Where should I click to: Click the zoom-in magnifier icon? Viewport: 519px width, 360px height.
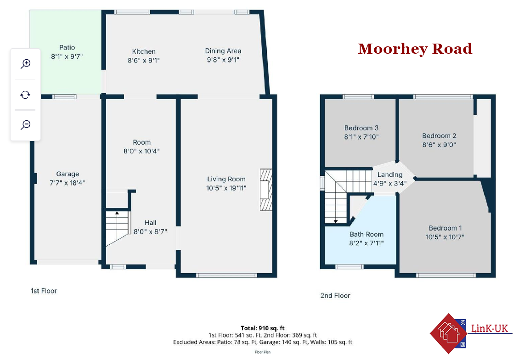click(x=25, y=63)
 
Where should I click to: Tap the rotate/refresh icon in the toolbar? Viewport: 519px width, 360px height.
click(x=25, y=95)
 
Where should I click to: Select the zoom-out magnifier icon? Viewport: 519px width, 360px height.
click(x=25, y=125)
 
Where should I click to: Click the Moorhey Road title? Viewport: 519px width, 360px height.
click(x=415, y=49)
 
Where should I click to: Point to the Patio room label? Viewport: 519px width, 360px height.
click(x=67, y=48)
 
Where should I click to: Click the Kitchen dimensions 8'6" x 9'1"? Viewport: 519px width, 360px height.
click(x=144, y=61)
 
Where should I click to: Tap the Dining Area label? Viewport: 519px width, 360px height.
click(x=223, y=51)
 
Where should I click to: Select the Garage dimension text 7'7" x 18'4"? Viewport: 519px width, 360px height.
click(x=68, y=183)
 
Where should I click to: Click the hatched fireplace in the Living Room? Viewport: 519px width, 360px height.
click(x=266, y=190)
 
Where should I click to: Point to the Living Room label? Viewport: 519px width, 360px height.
click(x=226, y=179)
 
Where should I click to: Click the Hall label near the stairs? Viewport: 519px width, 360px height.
click(x=150, y=223)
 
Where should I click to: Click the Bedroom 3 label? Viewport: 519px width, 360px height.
click(x=361, y=128)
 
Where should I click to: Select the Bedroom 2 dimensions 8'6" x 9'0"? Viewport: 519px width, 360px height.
click(x=439, y=145)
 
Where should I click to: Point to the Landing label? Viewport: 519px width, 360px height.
click(x=390, y=174)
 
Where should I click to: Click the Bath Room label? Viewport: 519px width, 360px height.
click(x=367, y=234)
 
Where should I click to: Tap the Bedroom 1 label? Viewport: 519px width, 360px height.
click(x=445, y=228)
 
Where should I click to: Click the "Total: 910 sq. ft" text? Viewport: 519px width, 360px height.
click(x=262, y=328)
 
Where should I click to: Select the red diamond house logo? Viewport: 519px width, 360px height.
click(x=448, y=333)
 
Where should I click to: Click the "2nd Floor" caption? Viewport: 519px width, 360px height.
click(x=335, y=295)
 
